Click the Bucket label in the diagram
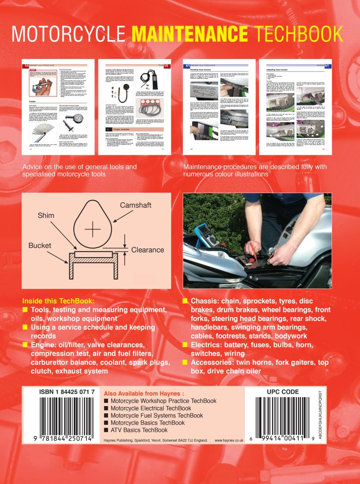click(40, 246)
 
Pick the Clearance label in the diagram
click(147, 249)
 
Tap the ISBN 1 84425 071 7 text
click(67, 392)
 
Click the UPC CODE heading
click(283, 392)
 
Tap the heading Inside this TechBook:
click(59, 300)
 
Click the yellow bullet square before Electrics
click(185, 345)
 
